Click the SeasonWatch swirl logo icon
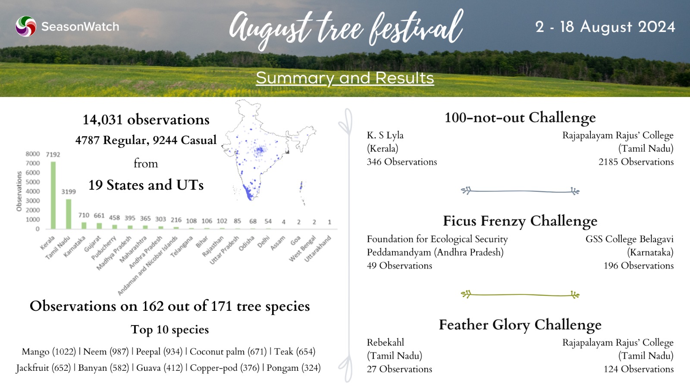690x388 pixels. pyautogui.click(x=26, y=26)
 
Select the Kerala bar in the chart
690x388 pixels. pyautogui.click(x=53, y=195)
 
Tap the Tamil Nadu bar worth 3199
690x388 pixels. pyautogui.click(x=69, y=214)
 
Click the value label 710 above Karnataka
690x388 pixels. pyautogui.click(x=84, y=215)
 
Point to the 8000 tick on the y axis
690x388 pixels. pyautogui.click(x=33, y=153)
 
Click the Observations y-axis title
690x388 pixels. pyautogui.click(x=19, y=191)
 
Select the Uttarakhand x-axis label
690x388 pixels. pyautogui.click(x=317, y=249)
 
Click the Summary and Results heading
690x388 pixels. pyautogui.click(x=345, y=78)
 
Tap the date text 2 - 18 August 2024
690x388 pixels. pyautogui.click(x=605, y=27)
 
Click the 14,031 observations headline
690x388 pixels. pyautogui.click(x=146, y=120)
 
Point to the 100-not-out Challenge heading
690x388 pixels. pyautogui.click(x=520, y=118)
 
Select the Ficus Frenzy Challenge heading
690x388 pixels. pyautogui.click(x=520, y=221)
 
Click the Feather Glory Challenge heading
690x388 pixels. pyautogui.click(x=520, y=325)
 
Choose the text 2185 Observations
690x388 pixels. pyautogui.click(x=636, y=162)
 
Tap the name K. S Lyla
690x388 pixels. pyautogui.click(x=385, y=135)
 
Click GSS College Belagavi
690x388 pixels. pyautogui.click(x=630, y=239)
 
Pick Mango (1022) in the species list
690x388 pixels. pyautogui.click(x=49, y=352)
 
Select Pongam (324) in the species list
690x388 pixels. pyautogui.click(x=294, y=368)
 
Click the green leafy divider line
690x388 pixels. pyautogui.click(x=520, y=295)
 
